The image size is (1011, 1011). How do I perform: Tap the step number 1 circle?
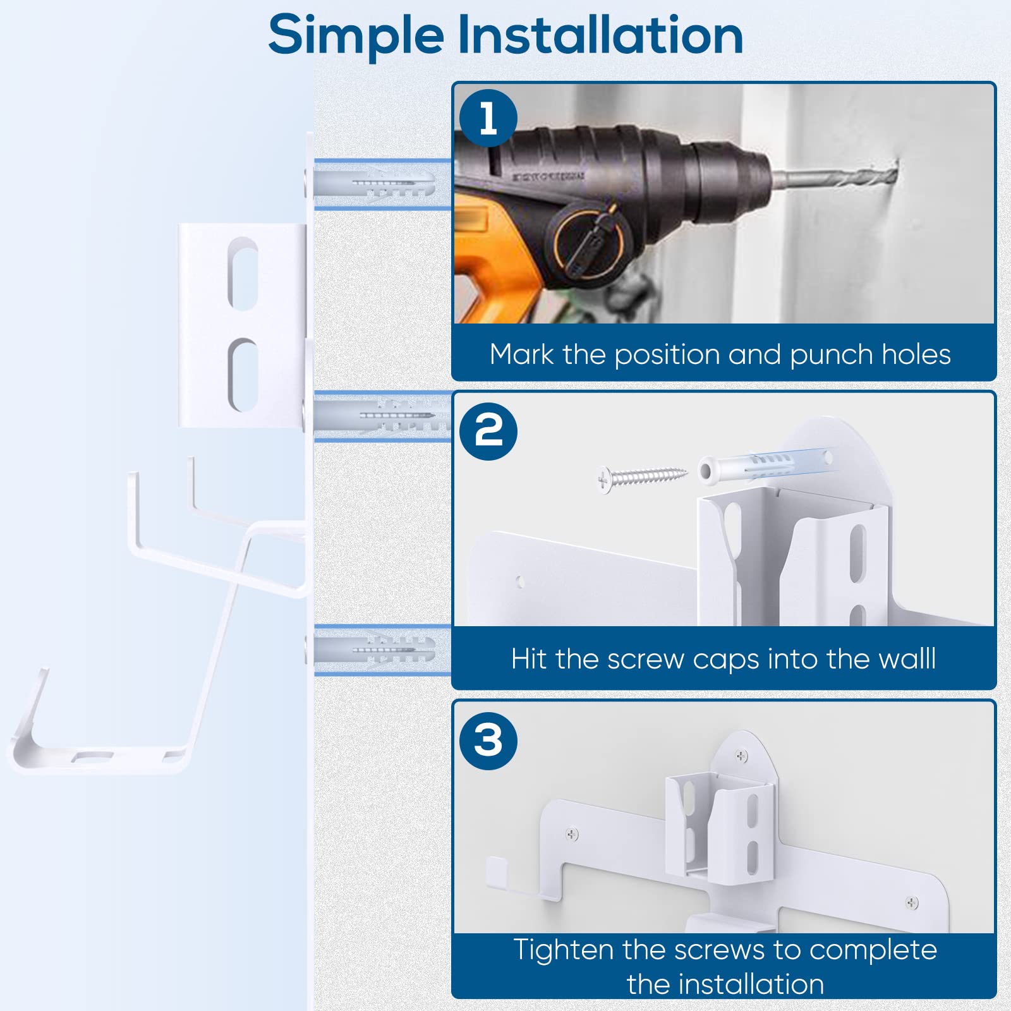pyautogui.click(x=488, y=118)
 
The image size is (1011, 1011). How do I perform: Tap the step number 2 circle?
pyautogui.click(x=488, y=432)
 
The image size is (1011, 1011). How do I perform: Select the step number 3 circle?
pyautogui.click(x=488, y=741)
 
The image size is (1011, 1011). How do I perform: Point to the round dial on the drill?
pyautogui.click(x=588, y=241)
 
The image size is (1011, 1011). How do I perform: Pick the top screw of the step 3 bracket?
pyautogui.click(x=742, y=756)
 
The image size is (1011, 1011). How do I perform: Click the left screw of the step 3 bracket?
pyautogui.click(x=572, y=834)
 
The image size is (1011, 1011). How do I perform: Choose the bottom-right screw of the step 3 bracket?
pyautogui.click(x=912, y=903)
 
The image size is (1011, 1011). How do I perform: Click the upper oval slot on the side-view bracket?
pyautogui.click(x=243, y=274)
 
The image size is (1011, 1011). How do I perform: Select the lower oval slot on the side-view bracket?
pyautogui.click(x=243, y=375)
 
